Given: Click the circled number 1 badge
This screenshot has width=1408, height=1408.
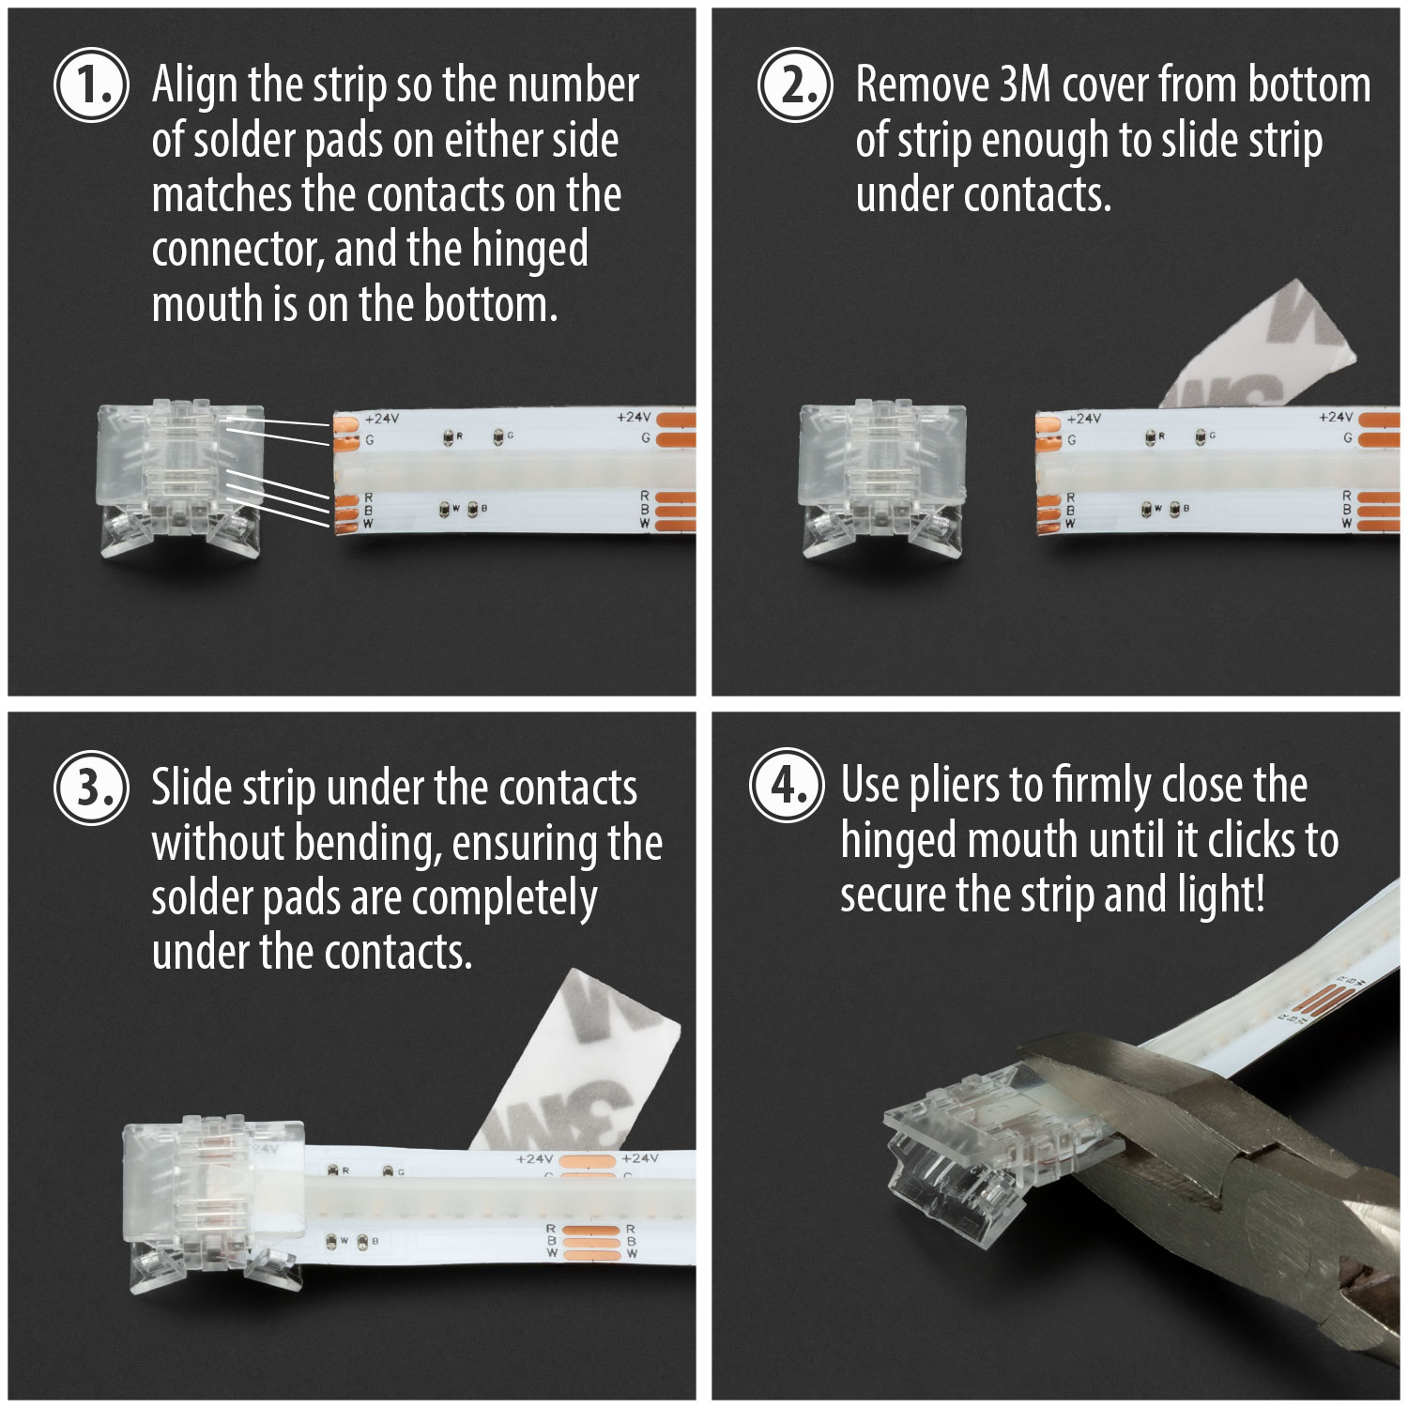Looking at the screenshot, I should point(91,85).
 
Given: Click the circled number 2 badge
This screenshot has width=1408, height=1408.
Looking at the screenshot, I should point(795,85).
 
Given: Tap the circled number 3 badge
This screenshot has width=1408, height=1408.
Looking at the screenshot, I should point(91,788).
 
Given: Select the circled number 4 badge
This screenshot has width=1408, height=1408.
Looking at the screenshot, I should point(787,786).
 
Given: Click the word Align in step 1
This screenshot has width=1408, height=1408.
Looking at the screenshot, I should point(194,85).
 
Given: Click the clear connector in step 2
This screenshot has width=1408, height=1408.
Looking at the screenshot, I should point(881,479).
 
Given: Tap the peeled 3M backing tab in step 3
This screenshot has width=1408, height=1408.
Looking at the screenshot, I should point(582,1061).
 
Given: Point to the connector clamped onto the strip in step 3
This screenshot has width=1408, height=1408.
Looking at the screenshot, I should point(214,1201).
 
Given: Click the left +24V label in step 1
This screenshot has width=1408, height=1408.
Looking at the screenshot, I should point(382,419).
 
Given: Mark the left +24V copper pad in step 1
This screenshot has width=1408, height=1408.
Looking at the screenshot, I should point(345,422).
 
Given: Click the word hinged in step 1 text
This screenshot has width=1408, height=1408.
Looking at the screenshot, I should point(529,250).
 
